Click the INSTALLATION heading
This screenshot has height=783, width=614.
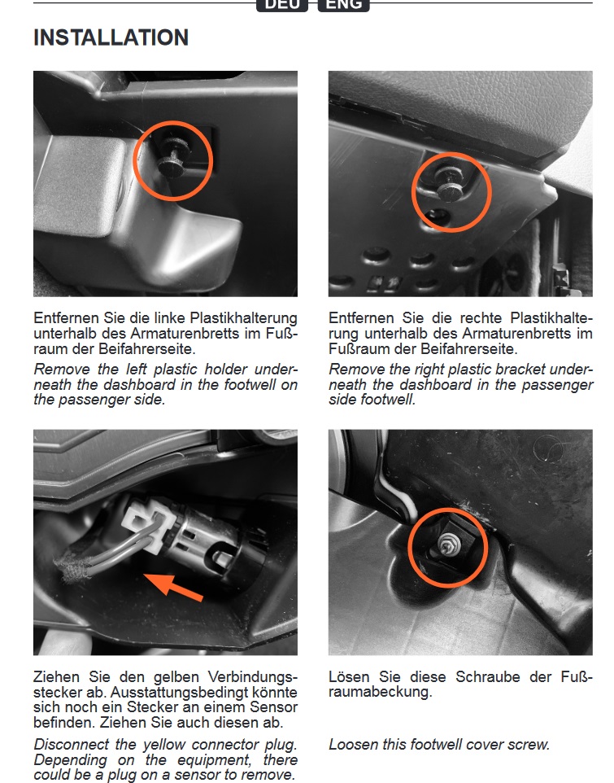tap(111, 37)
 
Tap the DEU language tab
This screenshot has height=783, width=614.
tap(282, 5)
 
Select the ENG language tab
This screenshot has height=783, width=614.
tap(344, 5)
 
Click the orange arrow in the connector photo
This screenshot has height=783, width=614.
tap(173, 586)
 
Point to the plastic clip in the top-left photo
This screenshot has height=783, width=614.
tap(172, 157)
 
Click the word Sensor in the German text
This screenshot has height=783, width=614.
tap(274, 707)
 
